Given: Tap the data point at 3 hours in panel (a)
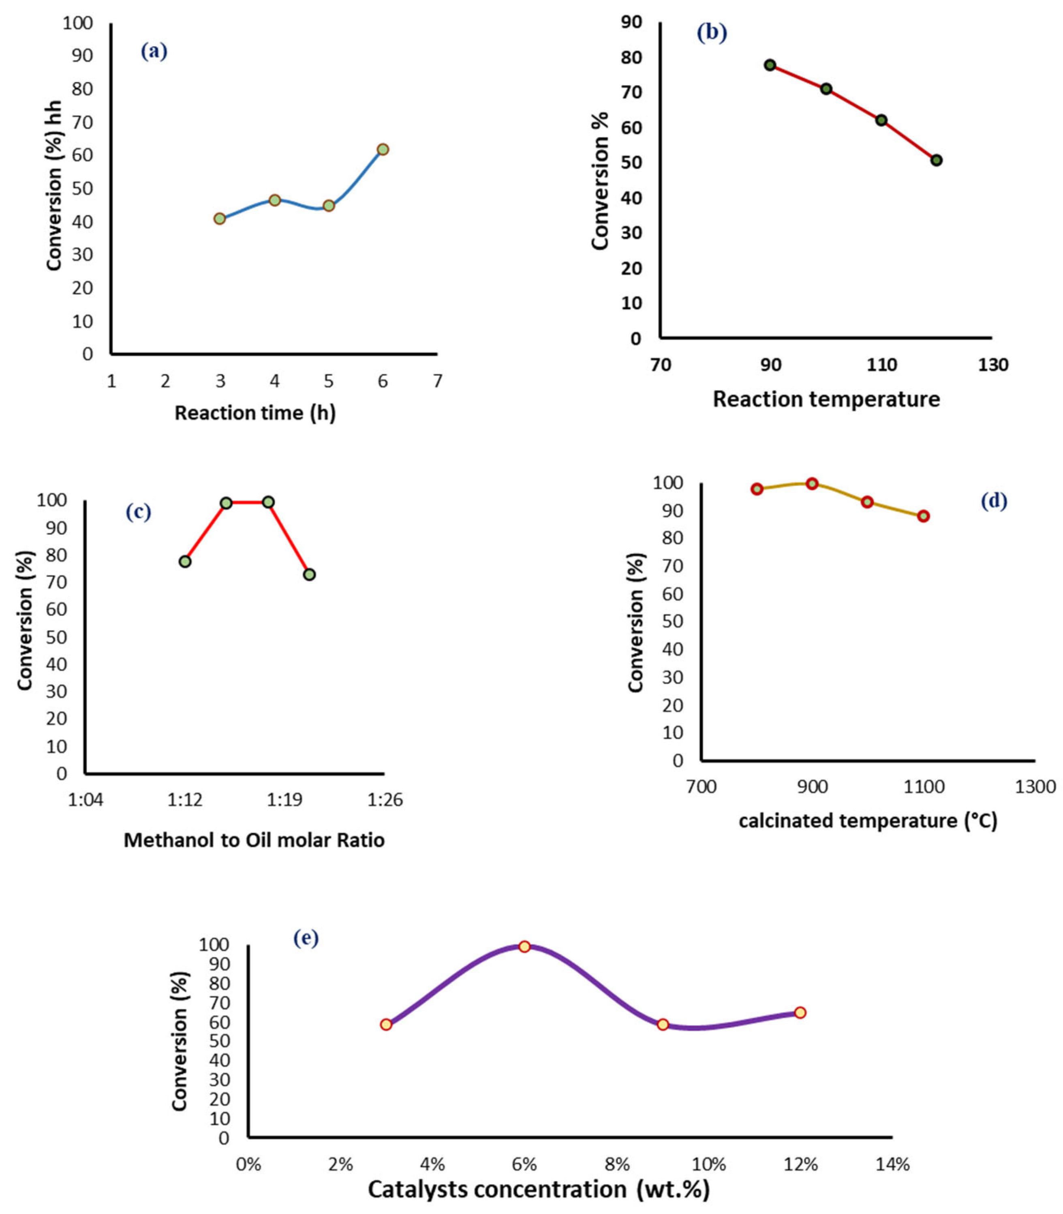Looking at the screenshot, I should [x=220, y=219].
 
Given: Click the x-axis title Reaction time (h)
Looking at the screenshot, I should [x=255, y=412].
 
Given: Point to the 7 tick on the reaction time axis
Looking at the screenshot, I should [x=437, y=381].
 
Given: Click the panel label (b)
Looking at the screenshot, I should [x=711, y=32].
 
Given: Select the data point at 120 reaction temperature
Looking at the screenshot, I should [x=936, y=160].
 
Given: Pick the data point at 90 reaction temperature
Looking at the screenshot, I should [x=770, y=65].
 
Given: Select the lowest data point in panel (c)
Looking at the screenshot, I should [x=309, y=575].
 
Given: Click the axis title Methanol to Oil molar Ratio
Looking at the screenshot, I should [x=254, y=840].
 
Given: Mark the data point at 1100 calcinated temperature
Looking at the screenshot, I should [x=923, y=516].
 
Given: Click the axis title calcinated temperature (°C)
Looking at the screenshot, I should [x=868, y=821].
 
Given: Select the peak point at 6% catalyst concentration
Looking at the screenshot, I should [x=524, y=946].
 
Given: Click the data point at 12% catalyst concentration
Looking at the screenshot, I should [x=800, y=1012].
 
